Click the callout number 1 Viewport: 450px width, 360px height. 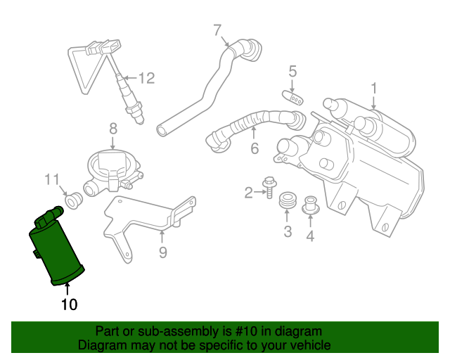tap(374, 89)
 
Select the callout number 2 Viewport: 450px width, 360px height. tap(248, 192)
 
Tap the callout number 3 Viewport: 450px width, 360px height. tap(288, 231)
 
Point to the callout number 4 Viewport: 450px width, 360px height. tap(309, 236)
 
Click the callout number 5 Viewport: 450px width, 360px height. tap(292, 71)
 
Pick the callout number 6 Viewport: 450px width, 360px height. tap(254, 148)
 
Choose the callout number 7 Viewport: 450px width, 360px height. tap(217, 30)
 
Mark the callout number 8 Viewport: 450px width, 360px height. tap(112, 128)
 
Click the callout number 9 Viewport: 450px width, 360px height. tap(162, 252)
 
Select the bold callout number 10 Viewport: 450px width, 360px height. tap(69, 304)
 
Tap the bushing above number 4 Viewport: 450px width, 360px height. tap(310, 206)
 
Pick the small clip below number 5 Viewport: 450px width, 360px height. tap(293, 98)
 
